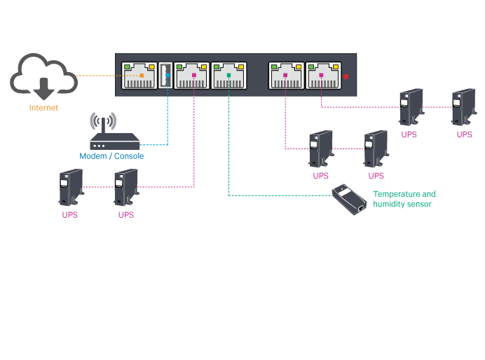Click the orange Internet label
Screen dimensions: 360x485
tap(43, 108)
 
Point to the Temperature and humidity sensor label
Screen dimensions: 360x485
tap(404, 199)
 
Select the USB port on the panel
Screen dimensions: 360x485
tap(166, 75)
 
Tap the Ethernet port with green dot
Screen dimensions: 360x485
tap(229, 75)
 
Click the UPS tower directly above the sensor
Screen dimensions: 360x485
tap(376, 148)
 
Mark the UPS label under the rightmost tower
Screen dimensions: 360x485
tap(464, 134)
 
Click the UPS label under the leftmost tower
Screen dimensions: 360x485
tap(70, 215)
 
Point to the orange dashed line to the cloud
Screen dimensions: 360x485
tap(98, 75)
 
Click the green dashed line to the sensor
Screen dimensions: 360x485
tap(280, 195)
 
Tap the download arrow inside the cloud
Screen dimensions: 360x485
tap(43, 88)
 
